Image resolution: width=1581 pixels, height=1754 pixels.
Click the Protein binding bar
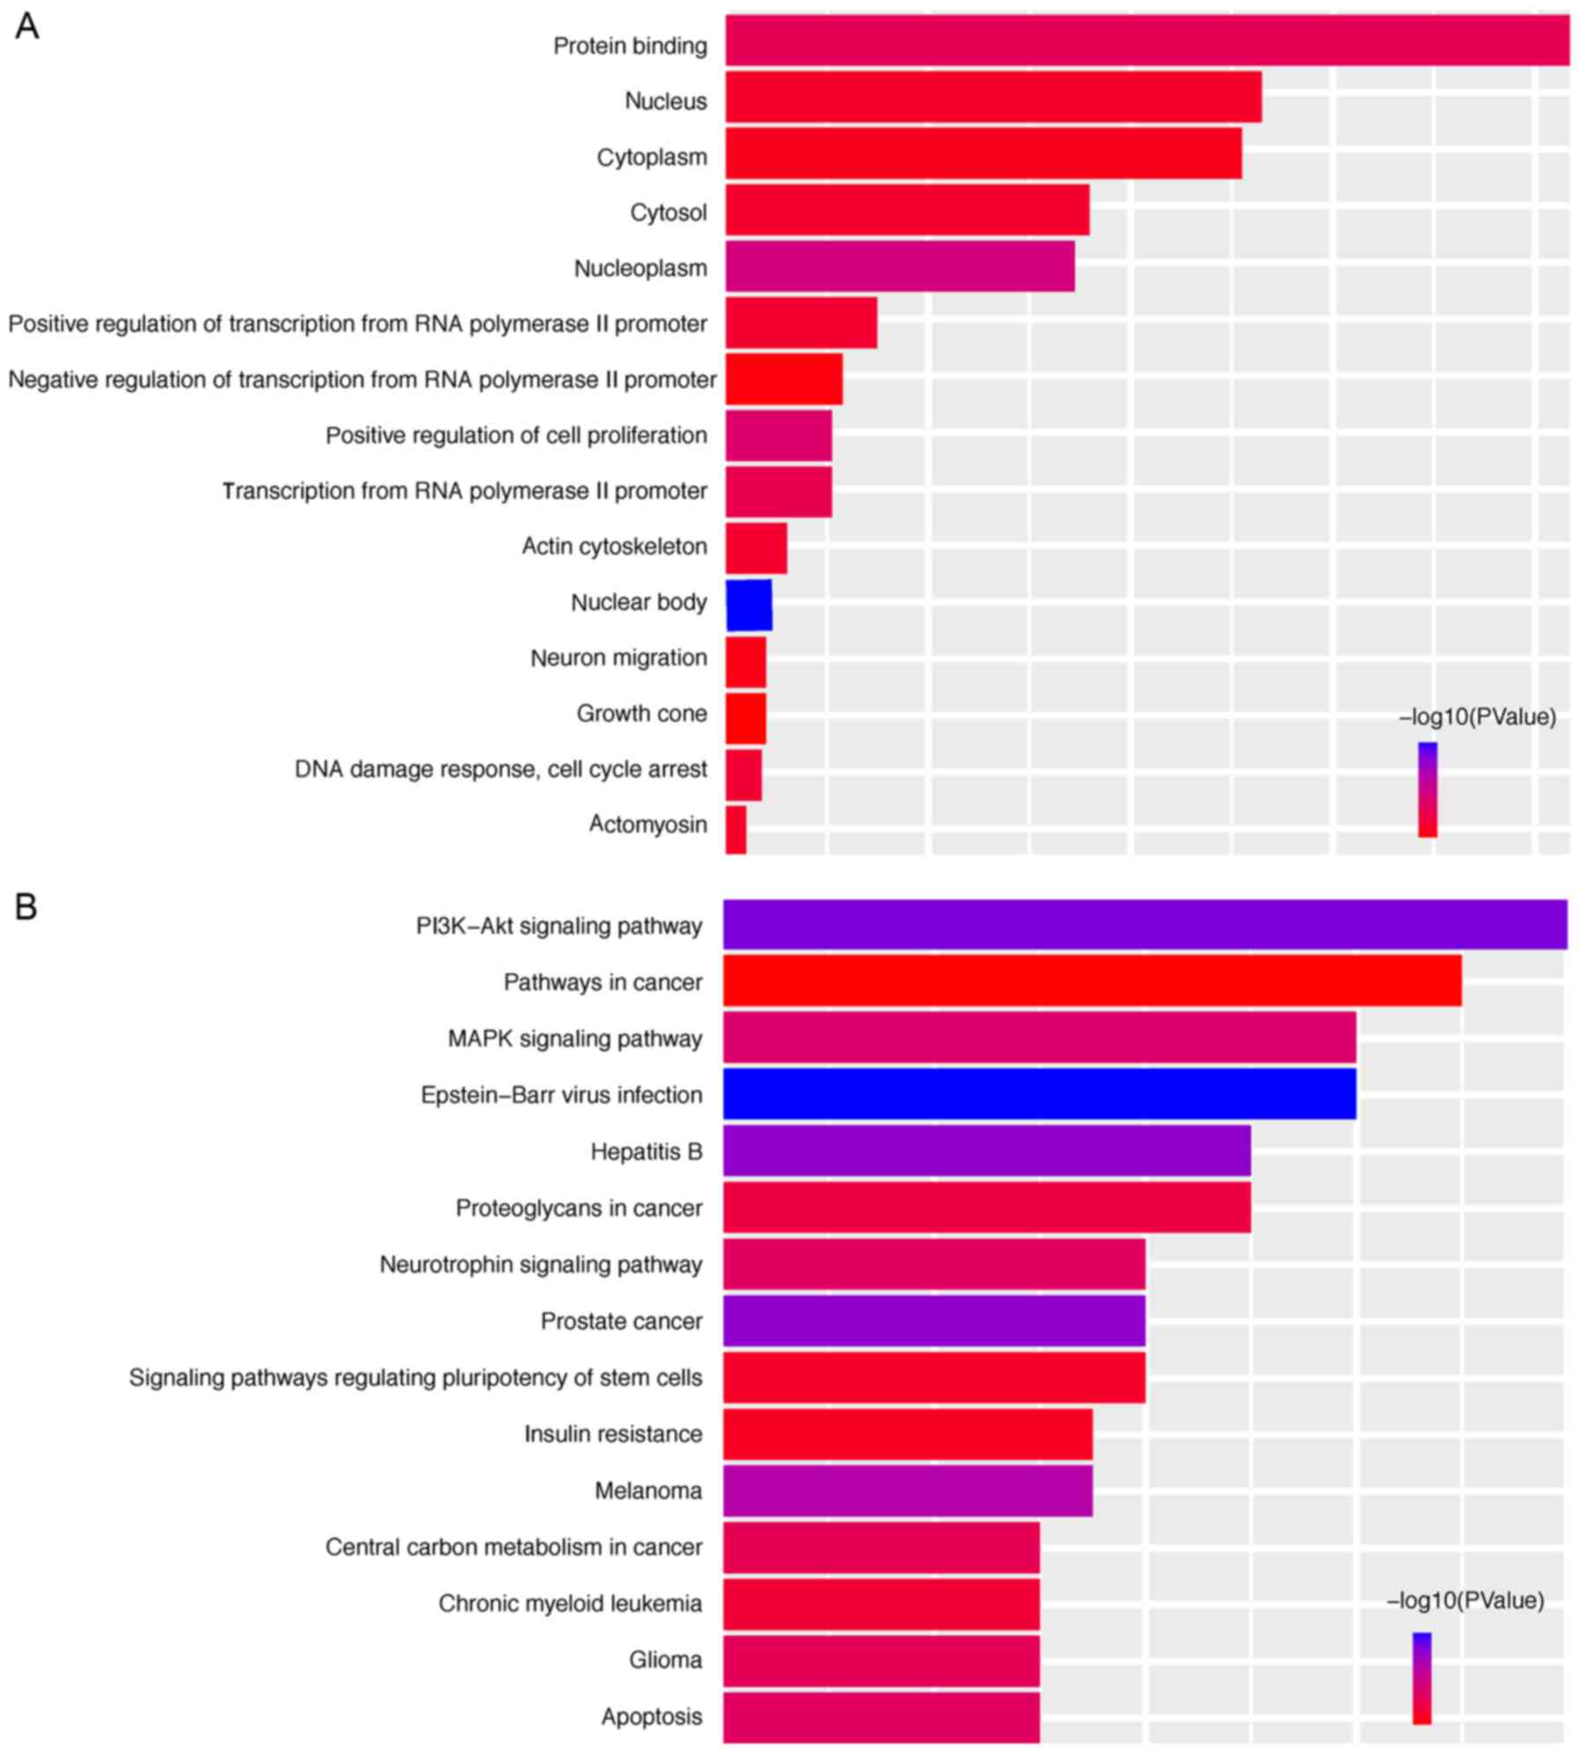1147,41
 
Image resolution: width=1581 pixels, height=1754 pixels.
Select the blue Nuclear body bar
749,604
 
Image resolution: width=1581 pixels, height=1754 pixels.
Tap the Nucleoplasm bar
899,266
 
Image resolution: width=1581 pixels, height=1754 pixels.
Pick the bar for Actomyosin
736,829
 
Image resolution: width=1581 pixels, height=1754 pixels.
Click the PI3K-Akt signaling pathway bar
1145,924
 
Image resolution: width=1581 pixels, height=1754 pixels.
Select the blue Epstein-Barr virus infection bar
1039,1093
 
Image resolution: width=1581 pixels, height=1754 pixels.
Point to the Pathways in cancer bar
1092,981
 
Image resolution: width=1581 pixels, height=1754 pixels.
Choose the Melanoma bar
907,1491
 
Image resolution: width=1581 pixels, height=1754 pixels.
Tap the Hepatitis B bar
986,1151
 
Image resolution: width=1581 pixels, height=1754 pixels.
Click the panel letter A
27,27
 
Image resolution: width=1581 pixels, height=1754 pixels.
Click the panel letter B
26,907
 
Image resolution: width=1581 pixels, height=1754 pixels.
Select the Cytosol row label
668,212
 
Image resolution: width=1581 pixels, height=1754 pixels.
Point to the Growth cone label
641,713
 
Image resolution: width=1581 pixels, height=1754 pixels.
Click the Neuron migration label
618,657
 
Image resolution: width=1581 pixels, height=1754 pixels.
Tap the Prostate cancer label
621,1321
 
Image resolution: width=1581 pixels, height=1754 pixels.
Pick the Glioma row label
665,1660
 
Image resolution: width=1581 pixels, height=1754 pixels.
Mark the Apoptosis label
652,1716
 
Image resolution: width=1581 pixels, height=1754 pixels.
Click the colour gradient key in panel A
1427,789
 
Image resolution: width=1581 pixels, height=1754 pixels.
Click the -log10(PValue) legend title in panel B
1465,1601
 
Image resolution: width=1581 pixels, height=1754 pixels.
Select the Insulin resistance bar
907,1434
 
